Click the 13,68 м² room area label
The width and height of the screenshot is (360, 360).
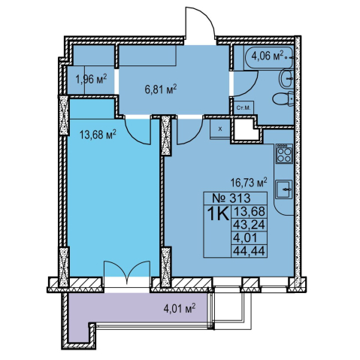[x=98, y=135]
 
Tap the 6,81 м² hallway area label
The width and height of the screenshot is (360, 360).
[x=161, y=89]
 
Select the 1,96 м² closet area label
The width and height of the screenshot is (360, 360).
[x=91, y=79]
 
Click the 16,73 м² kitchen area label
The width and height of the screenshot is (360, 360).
[x=249, y=183]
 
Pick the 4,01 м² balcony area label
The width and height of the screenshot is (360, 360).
[x=180, y=307]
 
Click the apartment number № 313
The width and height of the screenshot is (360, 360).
[x=231, y=198]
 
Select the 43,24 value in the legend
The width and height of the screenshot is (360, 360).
[x=249, y=225]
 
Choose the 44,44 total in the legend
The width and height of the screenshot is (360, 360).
[x=249, y=251]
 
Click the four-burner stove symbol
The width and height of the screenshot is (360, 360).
[x=284, y=153]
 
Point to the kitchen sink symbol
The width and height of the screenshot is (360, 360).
[x=284, y=189]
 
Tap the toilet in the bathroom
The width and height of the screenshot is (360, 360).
[x=283, y=99]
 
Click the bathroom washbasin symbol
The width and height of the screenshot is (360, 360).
[x=286, y=79]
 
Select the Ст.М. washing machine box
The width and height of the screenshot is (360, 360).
[x=244, y=108]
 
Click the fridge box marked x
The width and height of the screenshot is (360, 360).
[x=220, y=129]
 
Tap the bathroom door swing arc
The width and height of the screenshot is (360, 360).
[x=252, y=89]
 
